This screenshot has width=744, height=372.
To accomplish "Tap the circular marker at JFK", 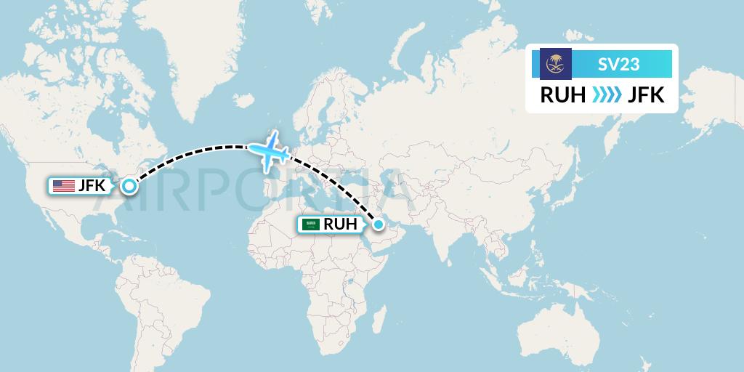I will (129, 186).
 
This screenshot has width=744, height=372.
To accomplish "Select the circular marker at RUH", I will (378, 225).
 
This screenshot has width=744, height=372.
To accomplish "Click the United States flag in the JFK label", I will (64, 186).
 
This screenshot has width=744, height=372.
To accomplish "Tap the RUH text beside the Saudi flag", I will (341, 225).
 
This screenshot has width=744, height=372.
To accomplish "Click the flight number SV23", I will (620, 65).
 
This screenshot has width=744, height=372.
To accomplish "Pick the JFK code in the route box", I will (644, 95).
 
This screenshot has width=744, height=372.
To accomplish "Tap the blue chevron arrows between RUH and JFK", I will (602, 95).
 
